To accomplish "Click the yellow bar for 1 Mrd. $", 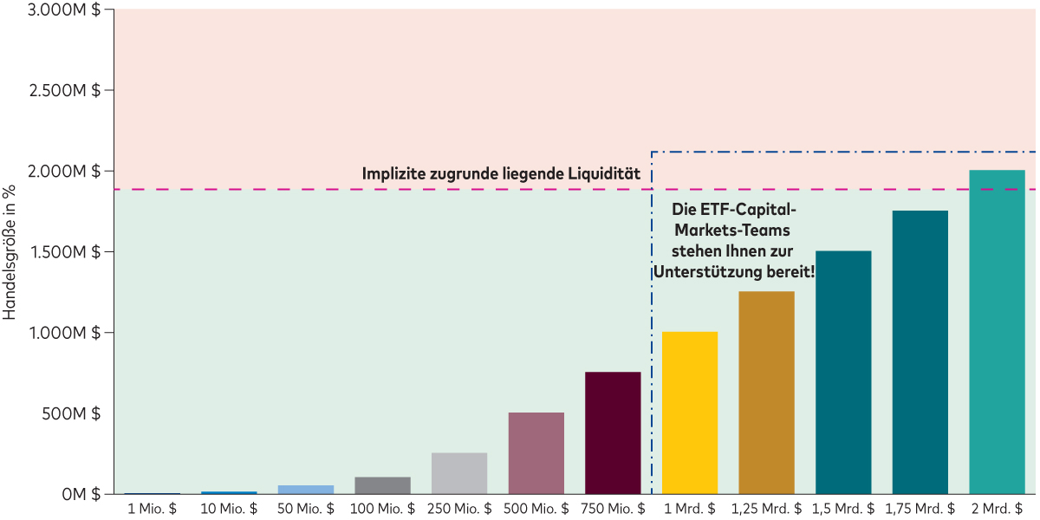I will (690, 413).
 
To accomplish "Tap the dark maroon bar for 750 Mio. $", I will (613, 432).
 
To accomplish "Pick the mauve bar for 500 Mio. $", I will (536, 452).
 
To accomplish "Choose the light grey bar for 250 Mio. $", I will (459, 473).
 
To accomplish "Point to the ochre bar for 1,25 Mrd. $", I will (766, 393).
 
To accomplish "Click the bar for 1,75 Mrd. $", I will (920, 352).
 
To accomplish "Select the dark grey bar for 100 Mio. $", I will (382, 485).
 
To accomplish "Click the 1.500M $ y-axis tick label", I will (66, 252).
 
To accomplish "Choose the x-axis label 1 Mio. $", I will (153, 509).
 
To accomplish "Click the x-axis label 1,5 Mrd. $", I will (843, 509).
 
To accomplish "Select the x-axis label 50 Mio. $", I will (306, 509).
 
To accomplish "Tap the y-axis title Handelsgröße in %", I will (10, 251).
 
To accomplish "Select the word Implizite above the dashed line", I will (393, 174).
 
